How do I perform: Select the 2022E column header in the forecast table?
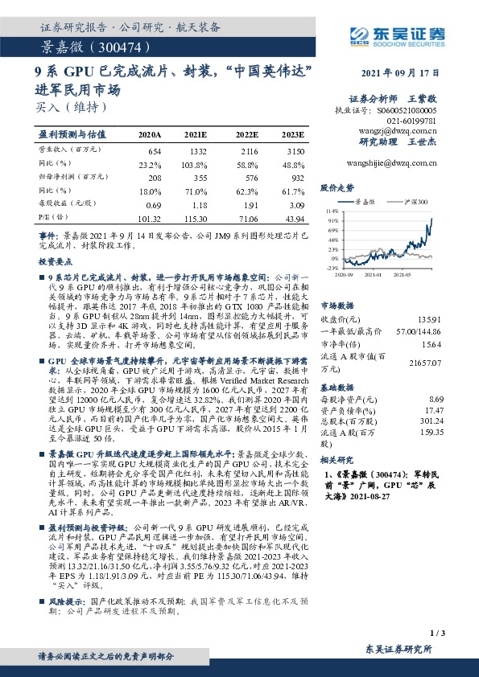pos(246,134)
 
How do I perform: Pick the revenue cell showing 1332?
pos(198,151)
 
